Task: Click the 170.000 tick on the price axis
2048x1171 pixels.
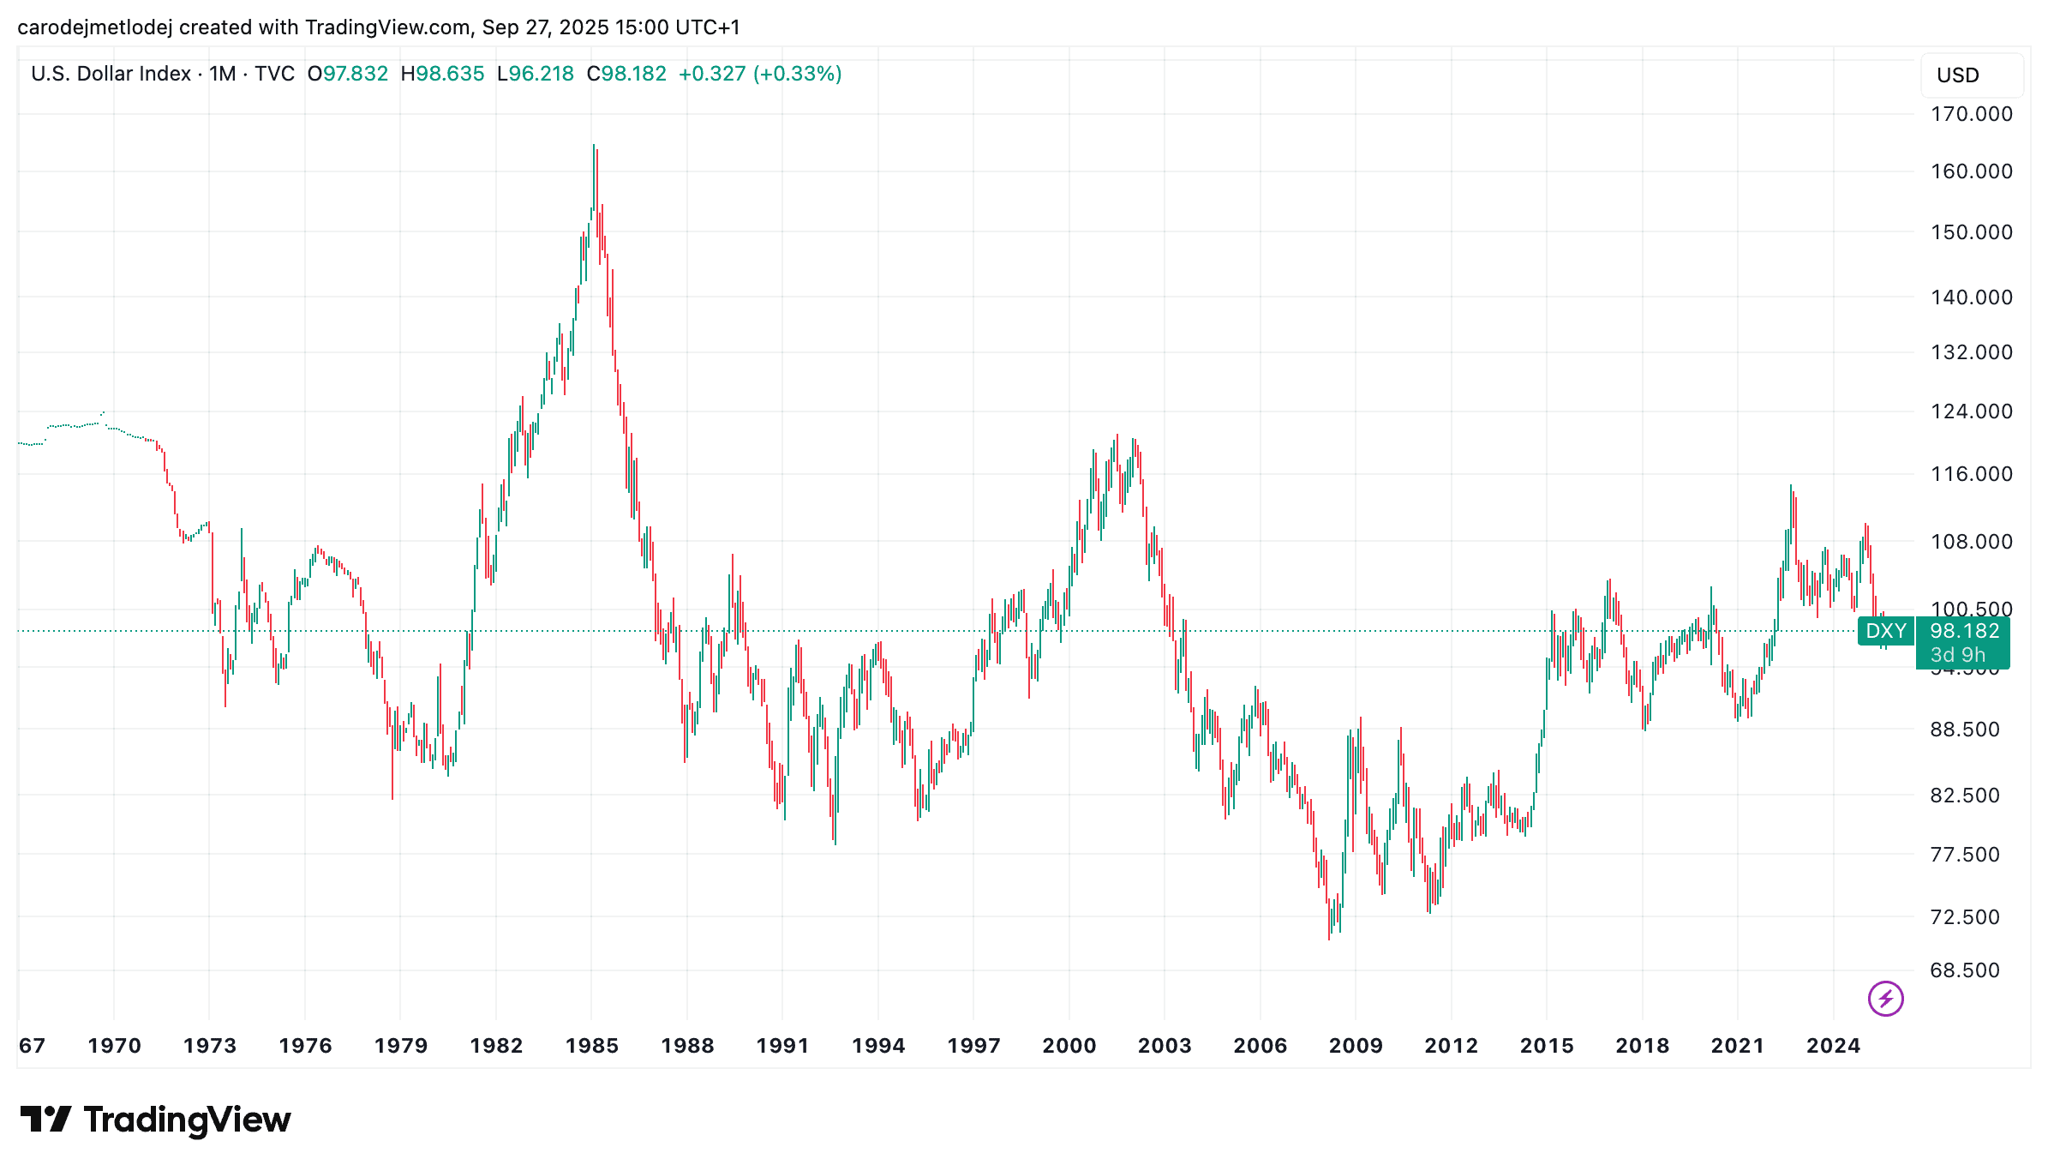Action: pyautogui.click(x=1971, y=114)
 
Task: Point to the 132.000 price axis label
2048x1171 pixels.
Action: pyautogui.click(x=1971, y=352)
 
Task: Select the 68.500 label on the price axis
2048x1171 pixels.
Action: pyautogui.click(x=1964, y=970)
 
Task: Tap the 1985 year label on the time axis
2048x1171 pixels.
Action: pyautogui.click(x=591, y=1046)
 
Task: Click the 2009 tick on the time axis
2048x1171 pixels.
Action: pyautogui.click(x=1356, y=1046)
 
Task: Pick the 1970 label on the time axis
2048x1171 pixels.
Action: pyautogui.click(x=114, y=1046)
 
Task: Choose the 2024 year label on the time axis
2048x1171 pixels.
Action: pyautogui.click(x=1833, y=1046)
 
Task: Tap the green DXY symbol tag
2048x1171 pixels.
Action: pyautogui.click(x=1886, y=632)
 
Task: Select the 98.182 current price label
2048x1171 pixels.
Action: pyautogui.click(x=1964, y=632)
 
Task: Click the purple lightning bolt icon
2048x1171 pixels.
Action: pyautogui.click(x=1885, y=999)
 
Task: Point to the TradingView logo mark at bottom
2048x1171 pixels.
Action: pyautogui.click(x=45, y=1120)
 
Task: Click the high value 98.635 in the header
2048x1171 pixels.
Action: pyautogui.click(x=450, y=74)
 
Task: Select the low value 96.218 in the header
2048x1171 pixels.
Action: pyautogui.click(x=542, y=74)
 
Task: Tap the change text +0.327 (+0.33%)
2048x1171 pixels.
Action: pyautogui.click(x=759, y=74)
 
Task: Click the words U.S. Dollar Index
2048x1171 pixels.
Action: pyautogui.click(x=111, y=74)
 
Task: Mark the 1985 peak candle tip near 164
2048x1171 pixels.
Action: pyautogui.click(x=593, y=146)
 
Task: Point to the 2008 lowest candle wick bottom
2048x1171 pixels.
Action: pyautogui.click(x=1329, y=939)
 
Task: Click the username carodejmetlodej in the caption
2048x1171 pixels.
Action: pyautogui.click(x=94, y=27)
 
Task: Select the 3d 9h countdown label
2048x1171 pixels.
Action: pyautogui.click(x=1957, y=655)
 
